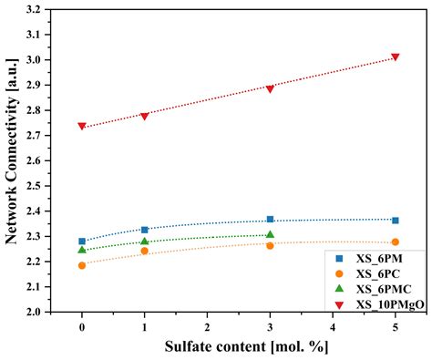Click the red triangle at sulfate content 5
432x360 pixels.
pyautogui.click(x=395, y=57)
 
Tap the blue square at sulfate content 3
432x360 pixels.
pyautogui.click(x=270, y=219)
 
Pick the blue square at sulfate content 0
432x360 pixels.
pyautogui.click(x=82, y=242)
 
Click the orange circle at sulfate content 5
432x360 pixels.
pyautogui.click(x=395, y=242)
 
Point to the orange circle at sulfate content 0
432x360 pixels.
pyautogui.click(x=82, y=265)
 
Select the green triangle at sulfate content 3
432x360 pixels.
pyautogui.click(x=270, y=234)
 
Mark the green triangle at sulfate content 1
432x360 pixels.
pyautogui.click(x=144, y=242)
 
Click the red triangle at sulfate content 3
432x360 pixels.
pyautogui.click(x=270, y=88)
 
